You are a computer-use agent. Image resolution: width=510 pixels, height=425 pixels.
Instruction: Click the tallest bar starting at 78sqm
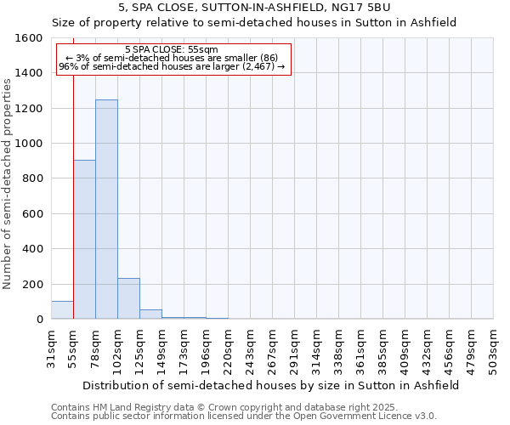coord(106,209)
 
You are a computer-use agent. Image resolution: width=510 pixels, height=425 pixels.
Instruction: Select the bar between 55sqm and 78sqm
coord(84,240)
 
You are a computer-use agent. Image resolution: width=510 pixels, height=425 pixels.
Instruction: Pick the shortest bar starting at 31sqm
coord(62,310)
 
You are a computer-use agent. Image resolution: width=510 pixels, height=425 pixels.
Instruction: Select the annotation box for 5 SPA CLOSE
coord(173,59)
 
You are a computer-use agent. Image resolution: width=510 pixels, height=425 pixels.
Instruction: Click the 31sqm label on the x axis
coord(52,348)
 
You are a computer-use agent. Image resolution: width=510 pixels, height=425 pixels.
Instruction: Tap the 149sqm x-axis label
coord(162,348)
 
